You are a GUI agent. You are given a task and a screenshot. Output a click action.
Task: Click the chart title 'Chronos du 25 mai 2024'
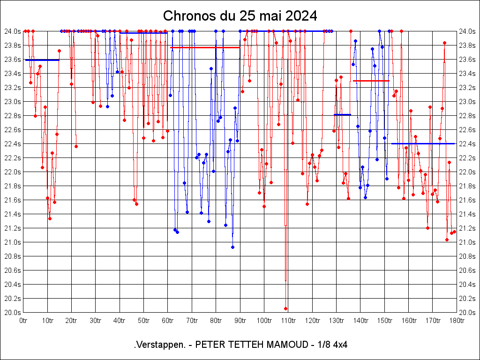240,16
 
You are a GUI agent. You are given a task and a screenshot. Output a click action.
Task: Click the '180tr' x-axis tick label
457,321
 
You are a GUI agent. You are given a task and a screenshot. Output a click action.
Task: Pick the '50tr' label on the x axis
143,321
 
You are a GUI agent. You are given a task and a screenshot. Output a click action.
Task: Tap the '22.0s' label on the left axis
13,172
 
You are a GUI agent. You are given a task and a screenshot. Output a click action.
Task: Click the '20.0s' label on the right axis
467,313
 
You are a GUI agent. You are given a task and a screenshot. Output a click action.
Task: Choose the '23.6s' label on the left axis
13,60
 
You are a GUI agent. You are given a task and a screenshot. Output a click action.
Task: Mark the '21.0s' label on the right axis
467,242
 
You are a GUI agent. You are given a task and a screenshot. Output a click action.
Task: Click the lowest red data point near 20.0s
285,308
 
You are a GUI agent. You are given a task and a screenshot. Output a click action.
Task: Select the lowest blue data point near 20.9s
232,247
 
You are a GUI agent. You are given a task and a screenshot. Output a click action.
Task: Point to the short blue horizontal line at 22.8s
342,114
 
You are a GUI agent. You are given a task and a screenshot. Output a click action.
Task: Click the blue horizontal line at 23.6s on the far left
42,60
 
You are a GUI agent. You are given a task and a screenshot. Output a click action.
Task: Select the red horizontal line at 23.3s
371,81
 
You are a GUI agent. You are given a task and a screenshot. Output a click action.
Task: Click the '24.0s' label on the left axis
13,31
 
